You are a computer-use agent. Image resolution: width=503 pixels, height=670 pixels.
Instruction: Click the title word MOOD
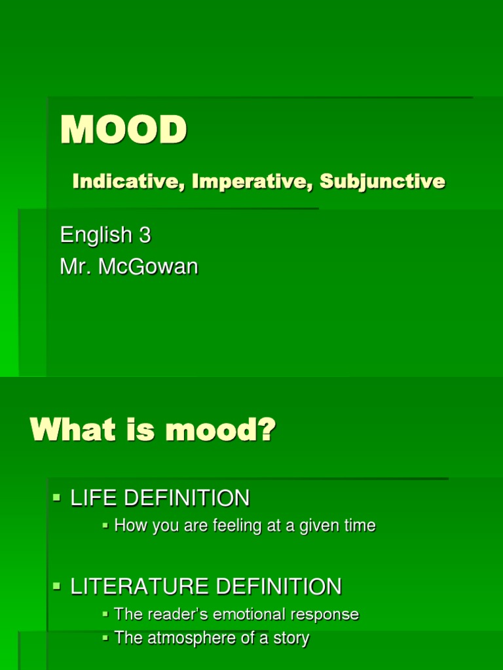[123, 130]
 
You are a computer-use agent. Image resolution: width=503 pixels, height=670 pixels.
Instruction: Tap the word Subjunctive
[382, 181]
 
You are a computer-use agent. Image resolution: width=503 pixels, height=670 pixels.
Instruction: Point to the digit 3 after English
[145, 235]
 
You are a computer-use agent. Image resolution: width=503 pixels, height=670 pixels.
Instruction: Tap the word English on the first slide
[95, 236]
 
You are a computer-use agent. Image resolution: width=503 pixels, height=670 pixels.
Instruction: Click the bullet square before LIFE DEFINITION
[56, 499]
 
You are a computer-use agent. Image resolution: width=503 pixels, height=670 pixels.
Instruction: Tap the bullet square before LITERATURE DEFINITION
[56, 586]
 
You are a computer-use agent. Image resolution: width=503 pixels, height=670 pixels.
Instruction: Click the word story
[291, 639]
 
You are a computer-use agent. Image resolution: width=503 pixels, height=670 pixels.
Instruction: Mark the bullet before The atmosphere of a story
[105, 638]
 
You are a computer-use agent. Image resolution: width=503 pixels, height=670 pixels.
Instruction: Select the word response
[327, 615]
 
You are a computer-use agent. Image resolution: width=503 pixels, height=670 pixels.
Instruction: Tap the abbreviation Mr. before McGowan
[73, 267]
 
